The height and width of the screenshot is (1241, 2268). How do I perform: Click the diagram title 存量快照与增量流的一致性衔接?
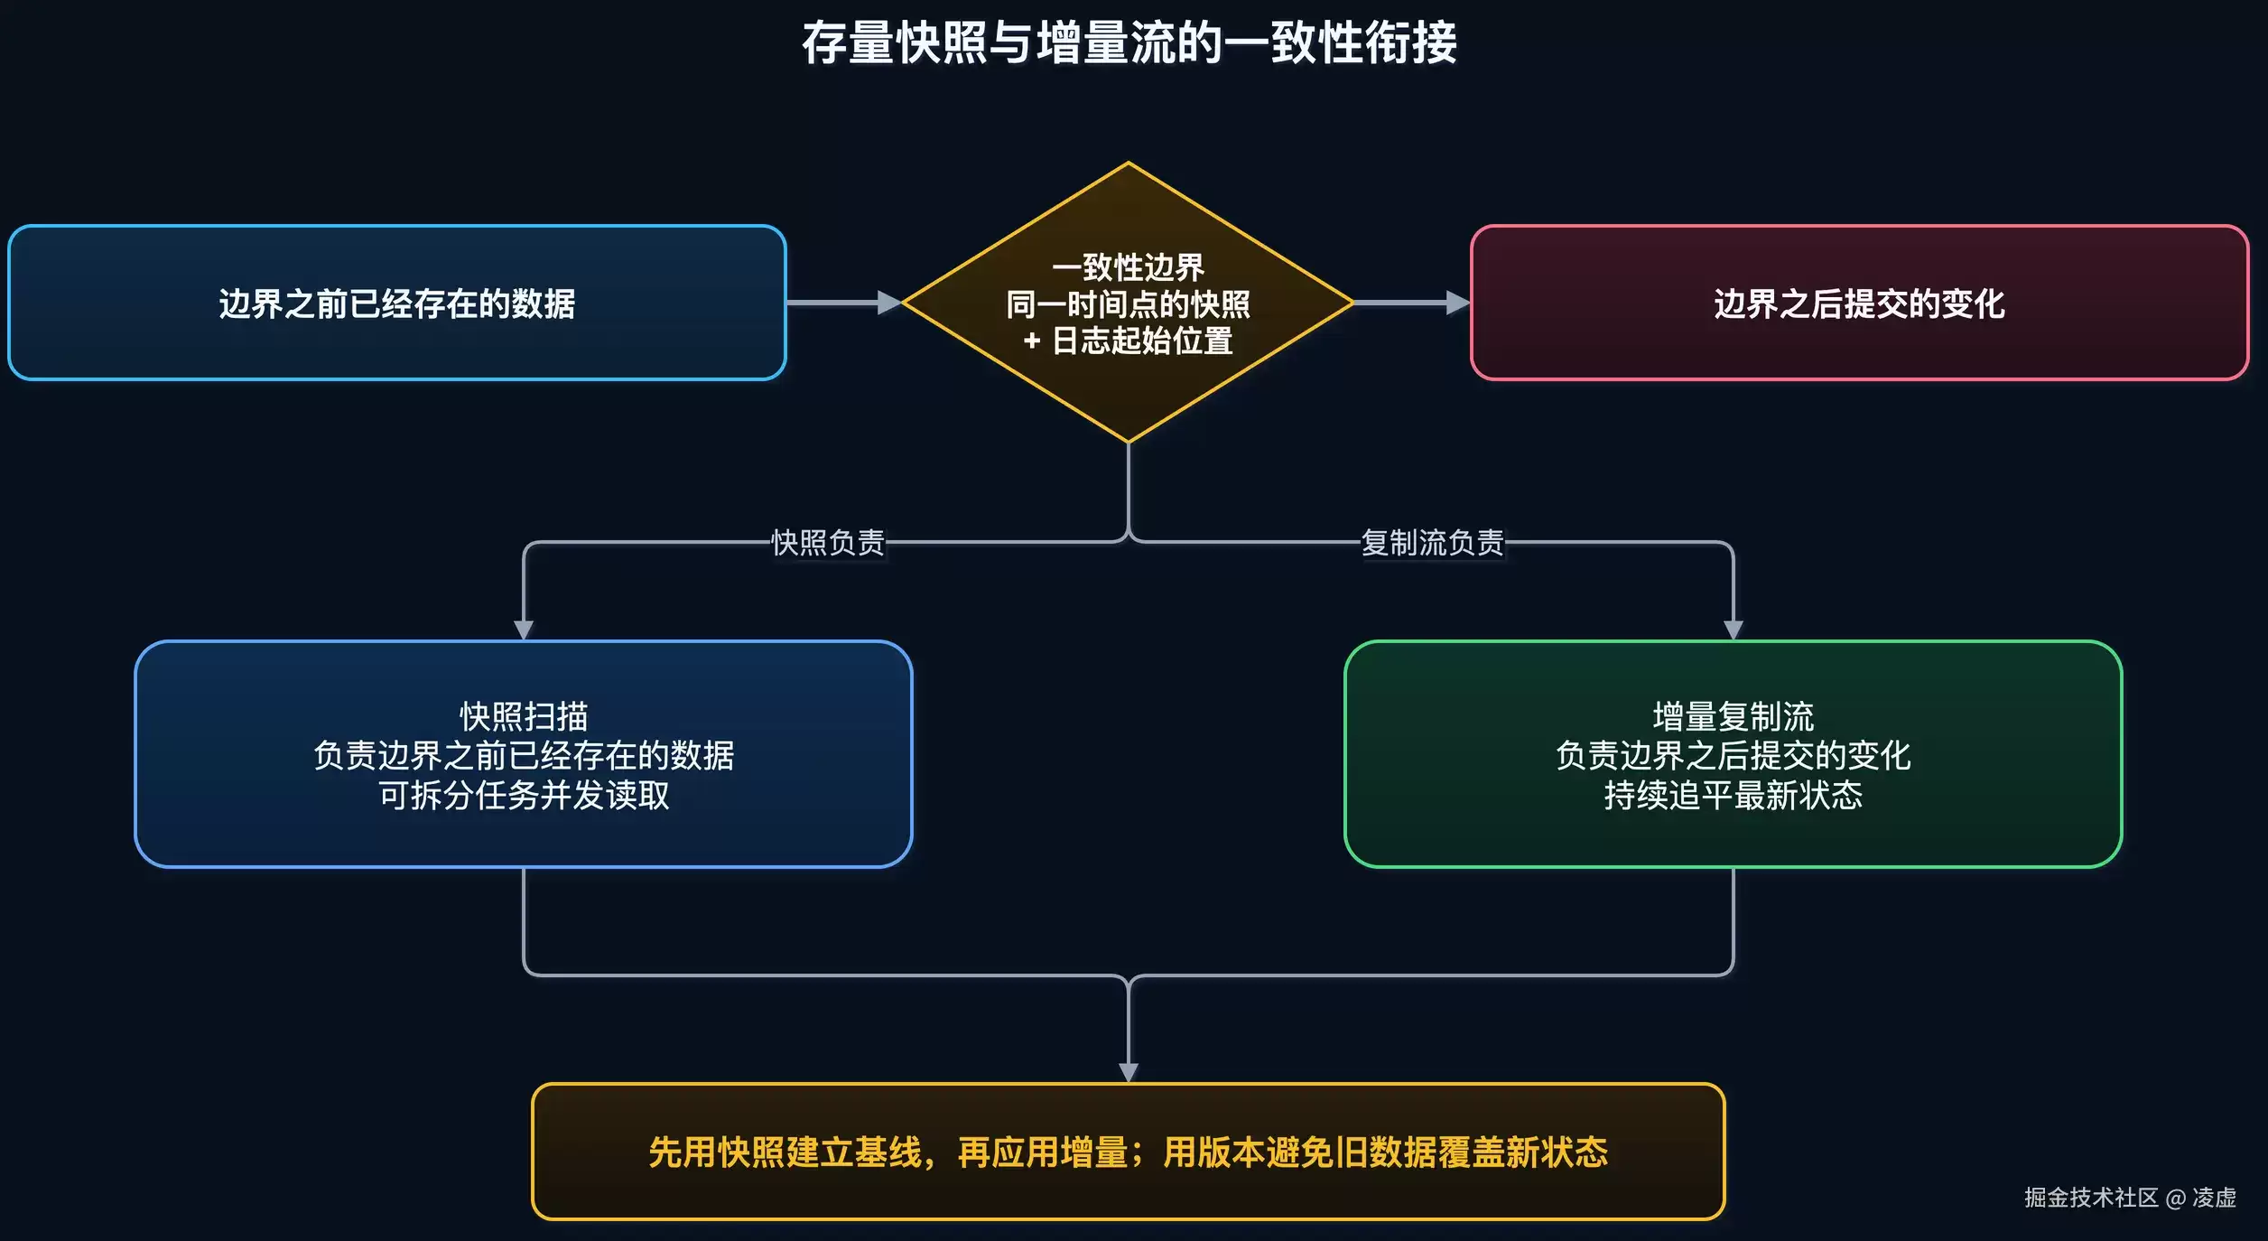(x=1129, y=42)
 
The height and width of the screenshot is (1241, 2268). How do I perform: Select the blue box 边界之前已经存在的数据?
(x=397, y=303)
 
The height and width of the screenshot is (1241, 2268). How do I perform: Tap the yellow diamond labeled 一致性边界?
(x=1129, y=303)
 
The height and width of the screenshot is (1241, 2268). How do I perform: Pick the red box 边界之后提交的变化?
(x=1860, y=303)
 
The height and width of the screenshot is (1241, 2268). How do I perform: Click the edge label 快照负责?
(x=828, y=543)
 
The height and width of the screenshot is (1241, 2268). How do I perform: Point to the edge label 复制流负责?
(x=1433, y=543)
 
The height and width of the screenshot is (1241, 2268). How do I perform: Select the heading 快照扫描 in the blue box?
(x=524, y=716)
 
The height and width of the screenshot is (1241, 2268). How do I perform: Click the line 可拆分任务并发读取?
(x=524, y=795)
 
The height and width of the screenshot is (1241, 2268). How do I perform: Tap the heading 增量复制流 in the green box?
(x=1734, y=716)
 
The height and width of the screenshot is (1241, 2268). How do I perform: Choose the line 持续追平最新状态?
(x=1734, y=795)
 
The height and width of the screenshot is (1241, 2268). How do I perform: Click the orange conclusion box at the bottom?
(x=1129, y=1152)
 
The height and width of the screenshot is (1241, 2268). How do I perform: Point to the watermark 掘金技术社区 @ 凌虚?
(x=2130, y=1198)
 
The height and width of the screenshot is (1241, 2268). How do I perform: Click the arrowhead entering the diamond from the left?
(x=890, y=303)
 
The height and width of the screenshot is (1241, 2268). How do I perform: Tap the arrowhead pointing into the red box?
(x=1458, y=303)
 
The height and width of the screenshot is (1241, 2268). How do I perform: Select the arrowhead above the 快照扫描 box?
(x=524, y=630)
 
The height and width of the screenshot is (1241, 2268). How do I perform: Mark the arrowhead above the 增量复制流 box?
(x=1734, y=630)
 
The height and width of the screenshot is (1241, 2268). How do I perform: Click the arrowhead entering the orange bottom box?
(x=1129, y=1073)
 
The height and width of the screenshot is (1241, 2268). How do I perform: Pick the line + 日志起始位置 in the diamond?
(x=1129, y=341)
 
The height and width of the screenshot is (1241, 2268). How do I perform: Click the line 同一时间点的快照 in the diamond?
(x=1129, y=304)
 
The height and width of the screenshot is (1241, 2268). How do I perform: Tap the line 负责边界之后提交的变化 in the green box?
(x=1734, y=755)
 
